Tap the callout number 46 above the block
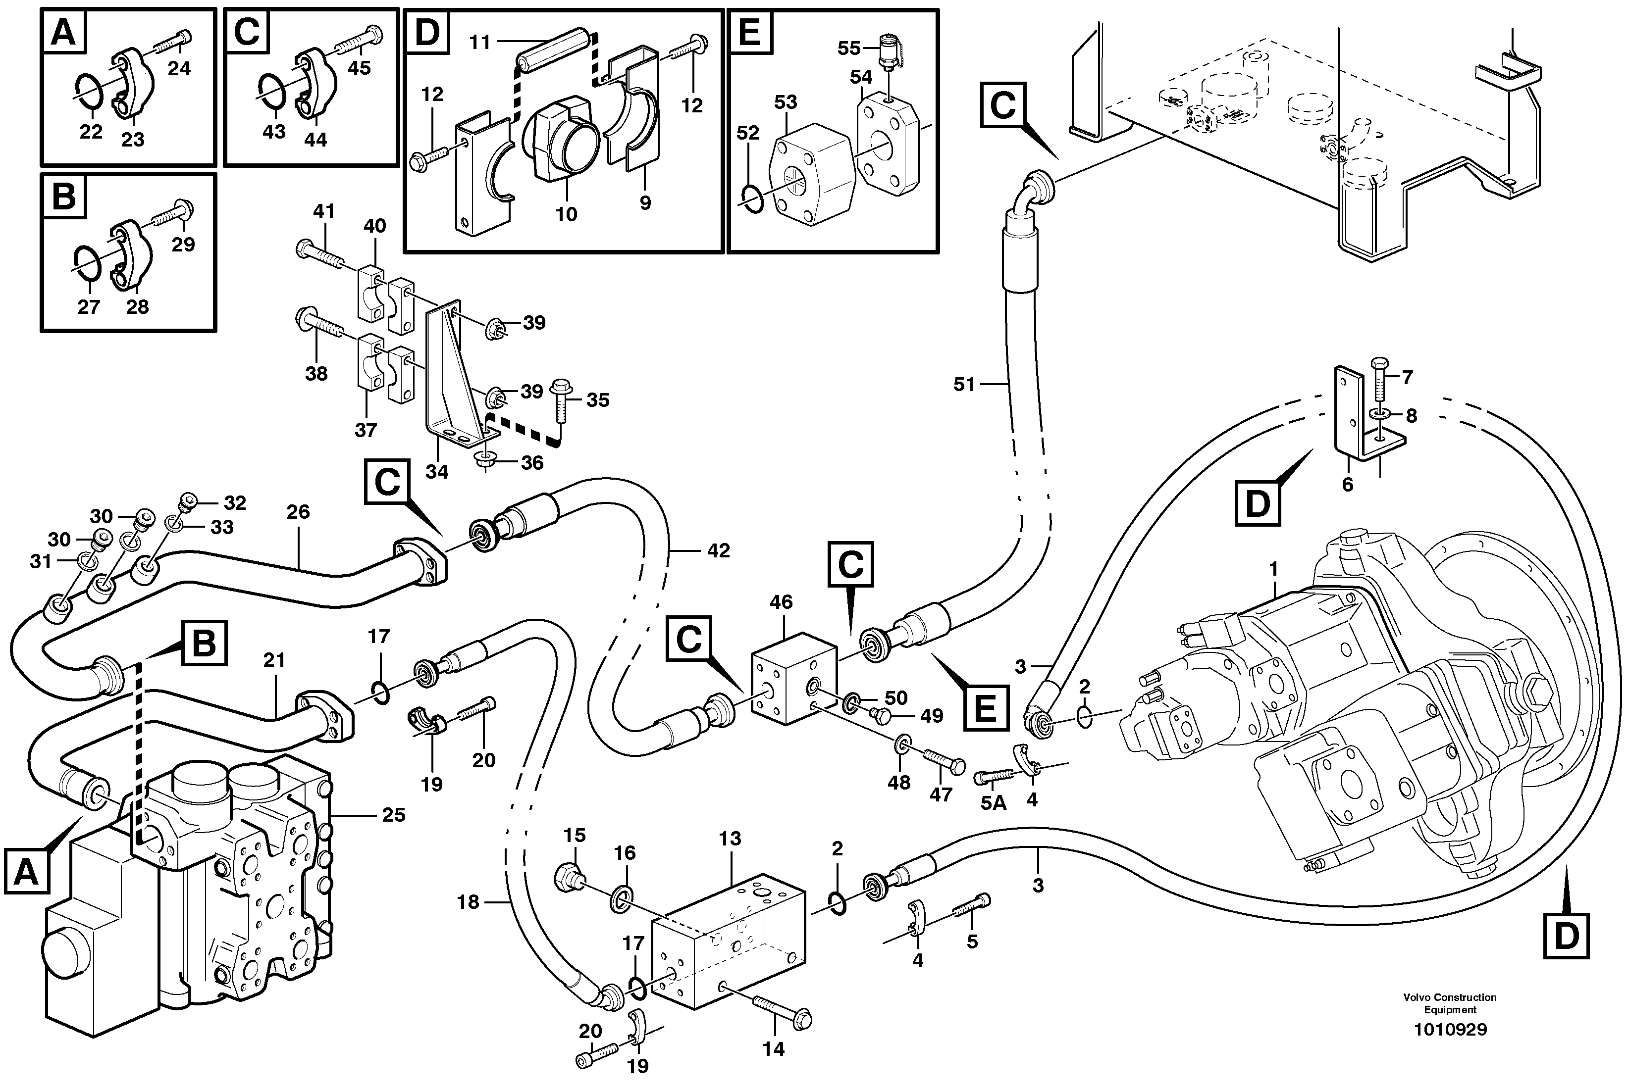pos(781,602)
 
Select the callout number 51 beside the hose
pos(964,385)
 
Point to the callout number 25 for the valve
pos(393,815)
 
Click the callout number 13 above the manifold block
pos(730,839)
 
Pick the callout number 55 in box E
pos(849,48)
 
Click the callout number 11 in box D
pos(479,43)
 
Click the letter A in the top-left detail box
pos(64,32)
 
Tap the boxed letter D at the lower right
pos(1566,937)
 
